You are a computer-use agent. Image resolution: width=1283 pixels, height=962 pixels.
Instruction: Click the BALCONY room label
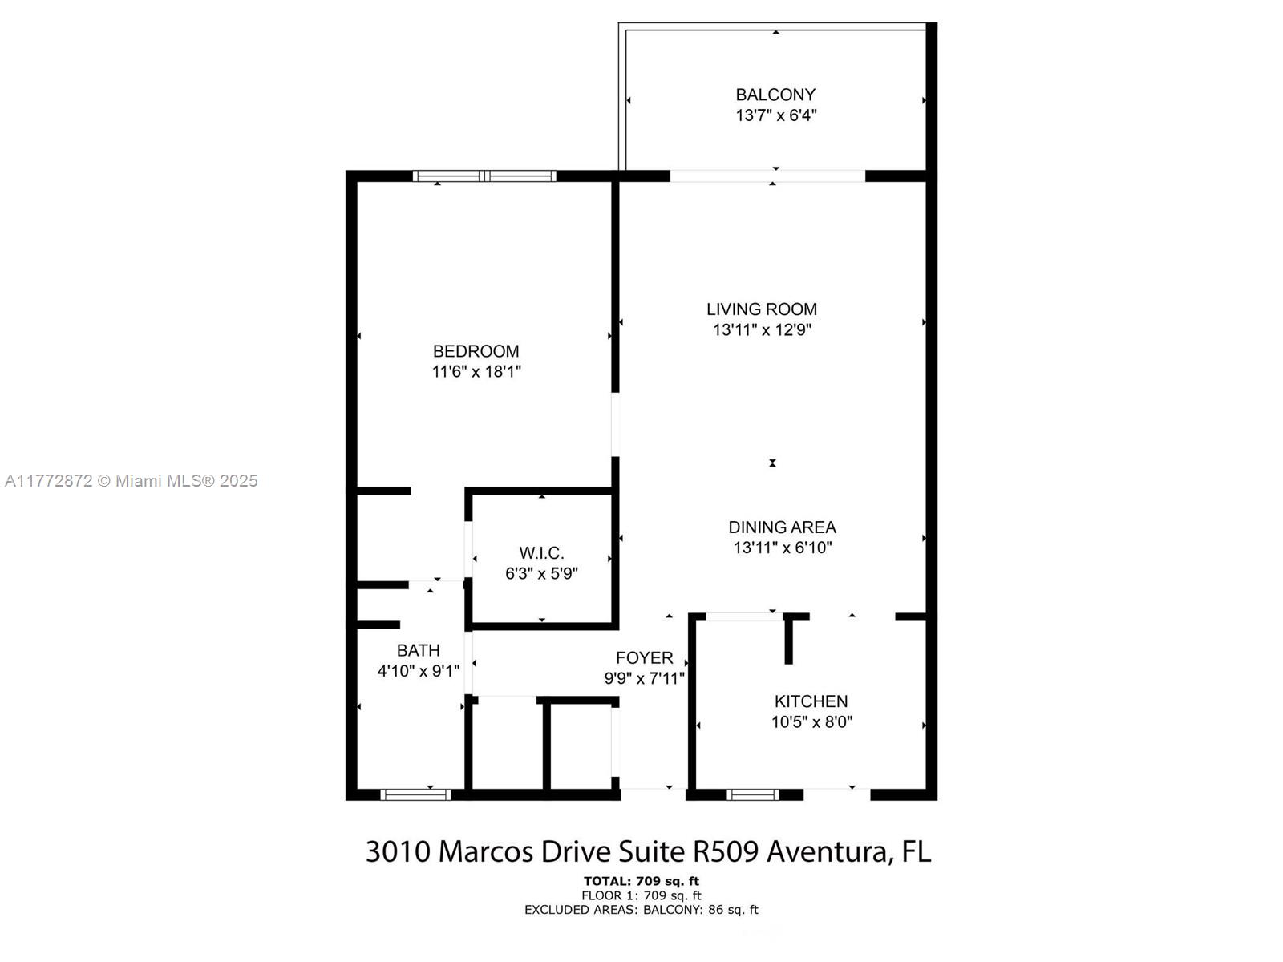pos(775,95)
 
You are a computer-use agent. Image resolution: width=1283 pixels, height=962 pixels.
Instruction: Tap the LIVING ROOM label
pos(762,309)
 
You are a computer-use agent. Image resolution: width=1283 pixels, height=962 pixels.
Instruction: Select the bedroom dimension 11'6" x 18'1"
pos(476,371)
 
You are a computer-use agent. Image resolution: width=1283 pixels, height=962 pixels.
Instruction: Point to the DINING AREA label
pos(782,527)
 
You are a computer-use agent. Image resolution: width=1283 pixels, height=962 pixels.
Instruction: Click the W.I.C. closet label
pos(541,552)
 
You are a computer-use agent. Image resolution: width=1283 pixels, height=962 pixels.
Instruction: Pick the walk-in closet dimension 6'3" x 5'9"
pos(541,573)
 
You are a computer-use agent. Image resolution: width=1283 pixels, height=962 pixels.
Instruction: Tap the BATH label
pos(418,650)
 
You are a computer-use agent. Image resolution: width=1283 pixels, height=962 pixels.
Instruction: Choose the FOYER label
pos(644,657)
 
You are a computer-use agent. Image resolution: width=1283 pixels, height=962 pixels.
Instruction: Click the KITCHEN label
pos(811,701)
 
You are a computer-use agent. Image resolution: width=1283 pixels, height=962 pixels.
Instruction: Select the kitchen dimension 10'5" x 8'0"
pos(811,722)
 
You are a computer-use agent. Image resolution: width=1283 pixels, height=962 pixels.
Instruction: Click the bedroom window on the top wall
pos(484,176)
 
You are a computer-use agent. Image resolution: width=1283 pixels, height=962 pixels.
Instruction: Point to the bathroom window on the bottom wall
pos(415,794)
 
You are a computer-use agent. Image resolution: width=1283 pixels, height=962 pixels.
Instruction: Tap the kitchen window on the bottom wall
pos(753,794)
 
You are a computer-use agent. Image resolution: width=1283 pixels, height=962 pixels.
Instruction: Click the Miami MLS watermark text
pos(131,481)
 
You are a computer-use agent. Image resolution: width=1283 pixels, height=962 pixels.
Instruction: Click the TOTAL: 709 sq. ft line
pos(641,881)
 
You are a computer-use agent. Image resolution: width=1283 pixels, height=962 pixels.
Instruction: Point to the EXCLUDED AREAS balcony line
pos(641,909)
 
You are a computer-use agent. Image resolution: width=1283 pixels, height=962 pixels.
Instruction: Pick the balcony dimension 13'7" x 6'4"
pos(775,115)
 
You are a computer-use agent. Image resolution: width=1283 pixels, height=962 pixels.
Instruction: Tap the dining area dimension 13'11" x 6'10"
pos(783,548)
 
